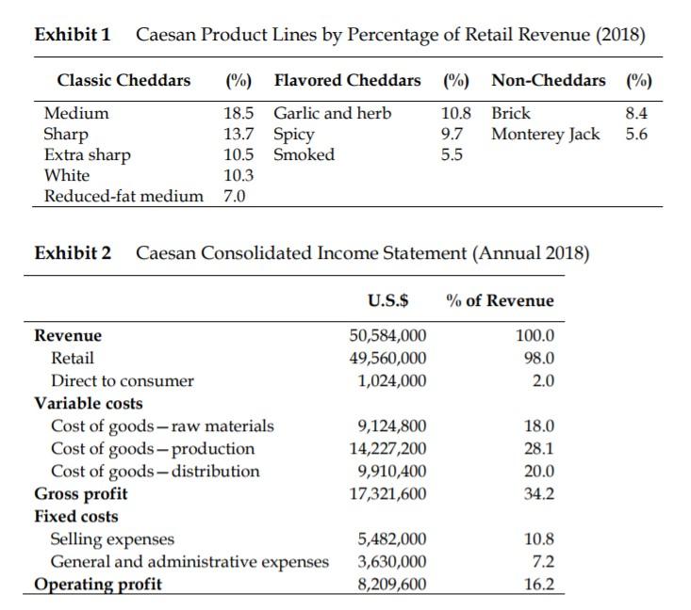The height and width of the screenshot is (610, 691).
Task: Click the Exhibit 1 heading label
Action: [x=73, y=36]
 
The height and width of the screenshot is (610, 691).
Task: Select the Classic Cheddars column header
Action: [x=123, y=80]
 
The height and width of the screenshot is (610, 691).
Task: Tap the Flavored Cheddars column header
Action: [x=347, y=80]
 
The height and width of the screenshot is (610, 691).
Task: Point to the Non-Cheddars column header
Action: [x=549, y=80]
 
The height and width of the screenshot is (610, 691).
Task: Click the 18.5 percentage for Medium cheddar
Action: [x=239, y=113]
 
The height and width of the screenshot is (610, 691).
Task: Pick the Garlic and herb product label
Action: [x=332, y=113]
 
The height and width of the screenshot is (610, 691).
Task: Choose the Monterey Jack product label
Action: [x=545, y=134]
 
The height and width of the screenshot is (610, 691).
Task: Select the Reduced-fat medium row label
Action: [x=123, y=196]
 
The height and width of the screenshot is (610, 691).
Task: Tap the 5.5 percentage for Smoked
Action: [x=452, y=154]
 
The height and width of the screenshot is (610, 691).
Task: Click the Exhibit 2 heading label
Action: [x=73, y=252]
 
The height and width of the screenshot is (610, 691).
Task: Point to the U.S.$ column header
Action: [x=387, y=300]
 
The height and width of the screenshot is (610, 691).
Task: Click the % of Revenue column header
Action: [x=501, y=300]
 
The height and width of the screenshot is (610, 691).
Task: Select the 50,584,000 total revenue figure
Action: [x=387, y=335]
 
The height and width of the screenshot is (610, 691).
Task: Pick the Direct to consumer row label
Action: [x=122, y=380]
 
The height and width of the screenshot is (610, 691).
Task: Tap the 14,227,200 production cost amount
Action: [x=387, y=448]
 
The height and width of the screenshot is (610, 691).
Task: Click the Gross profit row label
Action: [x=81, y=493]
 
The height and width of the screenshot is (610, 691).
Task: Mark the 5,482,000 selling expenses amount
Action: [x=392, y=539]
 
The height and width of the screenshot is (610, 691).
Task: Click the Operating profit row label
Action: [x=98, y=585]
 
